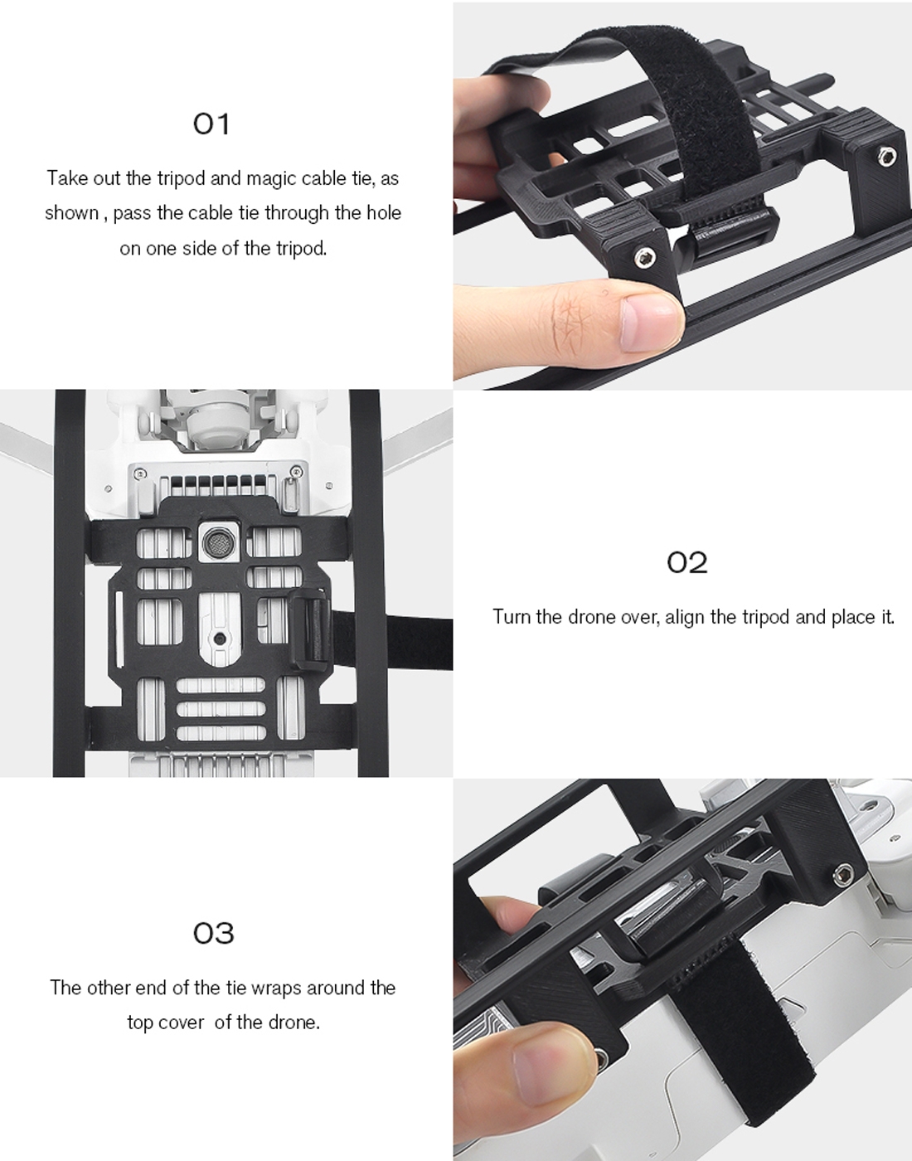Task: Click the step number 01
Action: pyautogui.click(x=211, y=124)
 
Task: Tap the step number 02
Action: pyautogui.click(x=686, y=562)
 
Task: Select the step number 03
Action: pyautogui.click(x=214, y=932)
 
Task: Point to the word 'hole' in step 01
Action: pyautogui.click(x=383, y=212)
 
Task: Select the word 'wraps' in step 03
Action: pyautogui.click(x=276, y=988)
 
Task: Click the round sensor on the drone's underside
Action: pyautogui.click(x=218, y=543)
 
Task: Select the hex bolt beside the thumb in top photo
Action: pyautogui.click(x=644, y=258)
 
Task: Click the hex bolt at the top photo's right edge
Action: pyautogui.click(x=887, y=155)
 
